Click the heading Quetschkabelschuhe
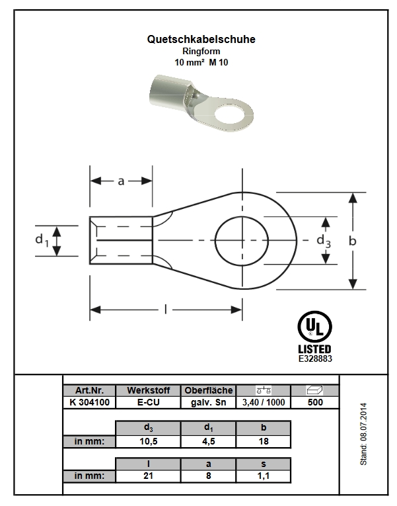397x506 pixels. click(201, 40)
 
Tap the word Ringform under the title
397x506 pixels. click(201, 51)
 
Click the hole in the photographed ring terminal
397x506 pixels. click(229, 113)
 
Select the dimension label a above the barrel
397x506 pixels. click(121, 181)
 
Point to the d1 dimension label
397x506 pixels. click(42, 240)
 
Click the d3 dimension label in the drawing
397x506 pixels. click(324, 241)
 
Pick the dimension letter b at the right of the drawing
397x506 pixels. click(353, 241)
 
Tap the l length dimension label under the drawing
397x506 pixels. click(166, 310)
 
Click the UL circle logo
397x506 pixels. click(314, 326)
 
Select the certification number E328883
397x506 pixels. click(315, 359)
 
